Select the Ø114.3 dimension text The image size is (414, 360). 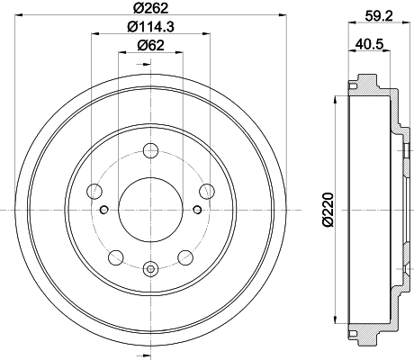pyautogui.click(x=150, y=27)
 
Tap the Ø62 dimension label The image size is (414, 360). pyautogui.click(x=151, y=45)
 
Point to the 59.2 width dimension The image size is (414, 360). pyautogui.click(x=379, y=15)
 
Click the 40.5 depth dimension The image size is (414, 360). pyautogui.click(x=370, y=44)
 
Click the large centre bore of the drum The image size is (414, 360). pyautogui.click(x=150, y=210)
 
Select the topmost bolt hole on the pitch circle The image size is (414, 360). pyautogui.click(x=150, y=151)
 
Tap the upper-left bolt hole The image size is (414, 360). pyautogui.click(x=94, y=192)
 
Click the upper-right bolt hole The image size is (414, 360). pyautogui.click(x=207, y=192)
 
